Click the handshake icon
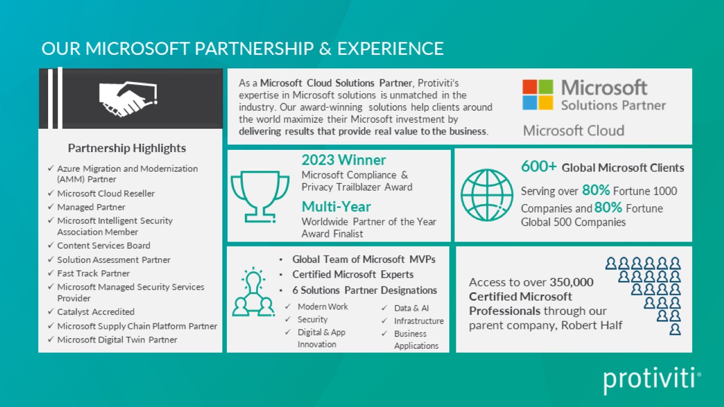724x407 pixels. (x=128, y=99)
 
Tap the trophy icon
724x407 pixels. (x=260, y=196)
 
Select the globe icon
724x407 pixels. (x=487, y=195)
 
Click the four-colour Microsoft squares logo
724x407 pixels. (x=538, y=94)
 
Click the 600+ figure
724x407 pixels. (x=539, y=166)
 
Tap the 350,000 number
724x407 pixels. (x=571, y=282)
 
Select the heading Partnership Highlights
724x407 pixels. (x=127, y=148)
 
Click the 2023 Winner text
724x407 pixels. (x=343, y=160)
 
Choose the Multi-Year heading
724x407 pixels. (x=336, y=207)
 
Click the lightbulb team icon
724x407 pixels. (x=253, y=292)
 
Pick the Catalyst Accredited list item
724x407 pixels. (x=96, y=311)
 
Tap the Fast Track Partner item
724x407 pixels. (x=93, y=273)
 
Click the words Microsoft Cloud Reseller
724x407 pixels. (x=106, y=193)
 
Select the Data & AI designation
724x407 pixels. (x=411, y=308)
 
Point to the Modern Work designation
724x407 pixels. (x=322, y=306)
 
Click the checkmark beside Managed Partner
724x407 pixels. (x=50, y=207)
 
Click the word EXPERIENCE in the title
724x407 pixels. (x=390, y=49)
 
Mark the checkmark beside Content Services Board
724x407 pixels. (x=50, y=245)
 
